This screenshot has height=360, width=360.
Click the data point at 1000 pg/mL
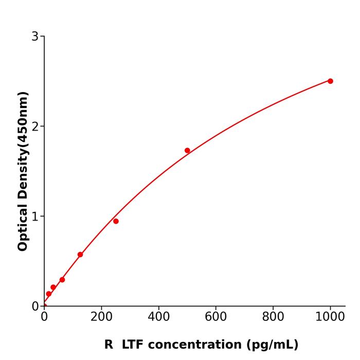[330, 81]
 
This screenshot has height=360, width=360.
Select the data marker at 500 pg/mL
[187, 151]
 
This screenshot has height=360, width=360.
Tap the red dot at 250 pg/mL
[116, 221]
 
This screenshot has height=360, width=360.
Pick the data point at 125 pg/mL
[80, 255]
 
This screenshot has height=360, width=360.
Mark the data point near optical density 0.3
[62, 280]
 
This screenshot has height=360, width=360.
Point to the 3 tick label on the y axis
[35, 37]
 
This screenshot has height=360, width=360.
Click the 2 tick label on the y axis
[35, 127]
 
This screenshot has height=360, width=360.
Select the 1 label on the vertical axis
[35, 217]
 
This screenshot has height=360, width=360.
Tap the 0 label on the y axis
[35, 307]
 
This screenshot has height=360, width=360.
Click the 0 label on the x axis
[44, 317]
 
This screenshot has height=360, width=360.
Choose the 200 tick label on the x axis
[101, 317]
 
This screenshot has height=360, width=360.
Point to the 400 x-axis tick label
[158, 317]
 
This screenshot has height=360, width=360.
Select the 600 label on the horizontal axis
[216, 317]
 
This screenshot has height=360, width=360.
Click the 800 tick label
[273, 317]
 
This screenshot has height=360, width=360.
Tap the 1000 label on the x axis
[330, 317]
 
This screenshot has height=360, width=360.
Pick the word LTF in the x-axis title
[133, 345]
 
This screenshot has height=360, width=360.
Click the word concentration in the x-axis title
[198, 345]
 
